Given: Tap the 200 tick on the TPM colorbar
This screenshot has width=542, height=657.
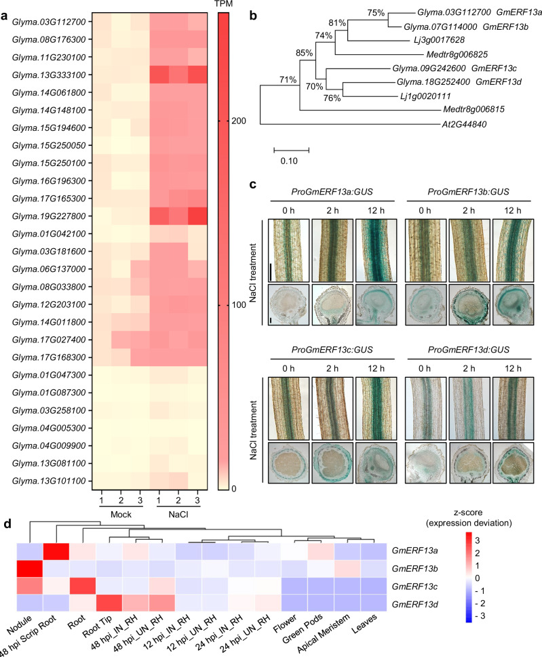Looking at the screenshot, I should (239, 121).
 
